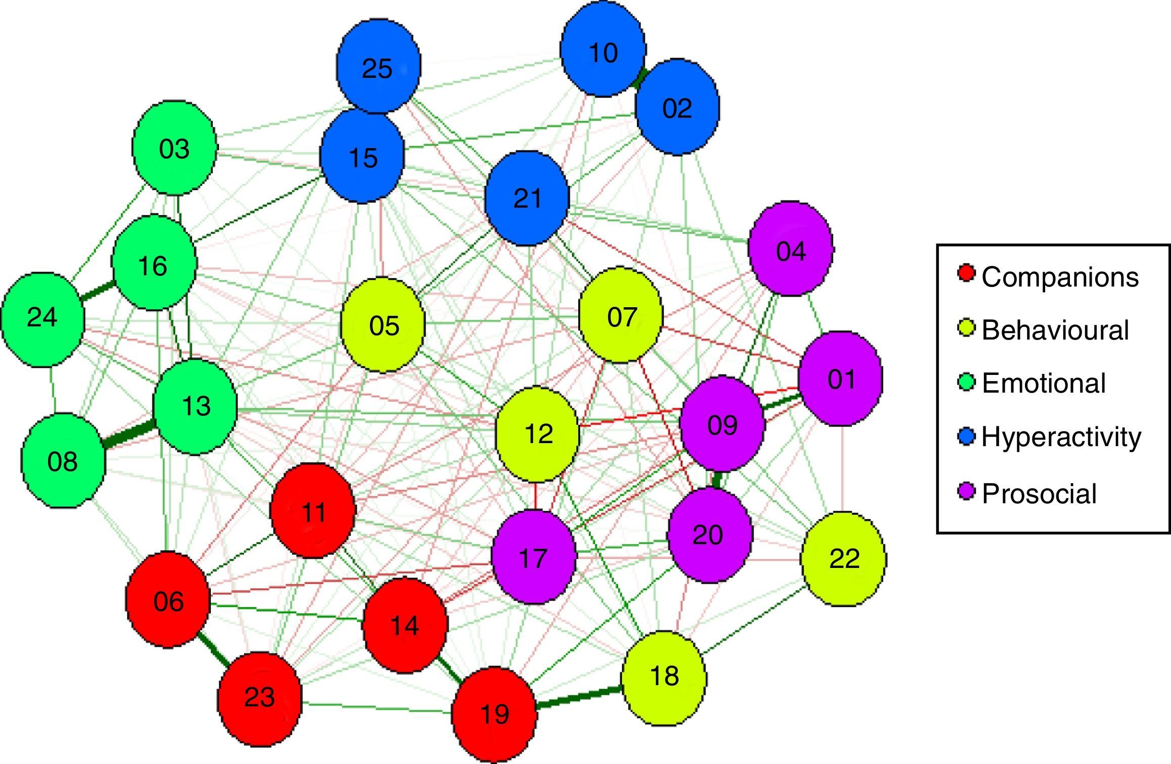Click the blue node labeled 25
pos(378,66)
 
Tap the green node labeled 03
pos(174,148)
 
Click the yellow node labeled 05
pos(383,325)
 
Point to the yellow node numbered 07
pos(621,316)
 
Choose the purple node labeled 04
pos(790,249)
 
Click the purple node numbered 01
pos(840,378)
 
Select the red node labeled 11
pos(313,511)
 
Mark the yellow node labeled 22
pos(843,558)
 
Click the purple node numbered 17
pos(534,557)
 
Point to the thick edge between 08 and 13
pos(129,436)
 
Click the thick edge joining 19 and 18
pos(579,697)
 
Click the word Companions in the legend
pos(1060,277)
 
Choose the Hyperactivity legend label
pos(1061,437)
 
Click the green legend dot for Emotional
pos(966,382)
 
